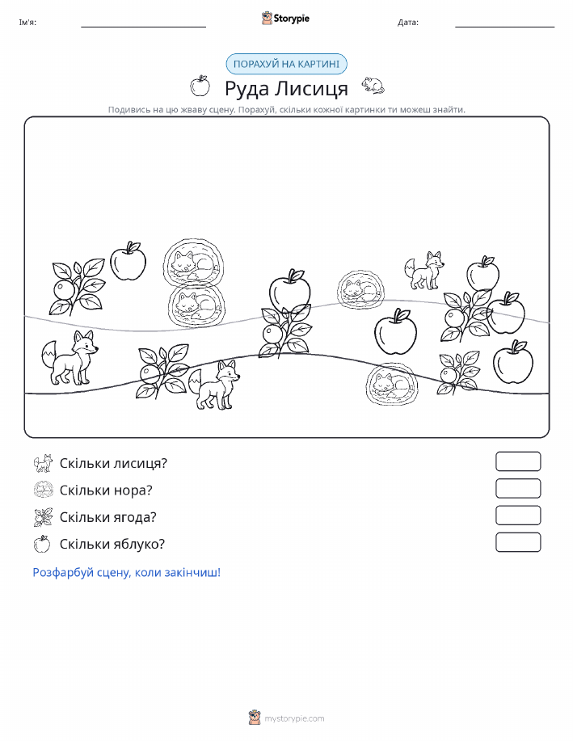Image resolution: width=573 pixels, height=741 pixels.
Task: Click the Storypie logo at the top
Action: pos(285,19)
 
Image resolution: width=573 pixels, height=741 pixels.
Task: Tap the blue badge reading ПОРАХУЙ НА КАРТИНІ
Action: pos(286,65)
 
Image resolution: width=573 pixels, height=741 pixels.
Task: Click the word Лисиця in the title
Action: pos(312,88)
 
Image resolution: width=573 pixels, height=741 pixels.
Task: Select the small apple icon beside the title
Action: pos(200,86)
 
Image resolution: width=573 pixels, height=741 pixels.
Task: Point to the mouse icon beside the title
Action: pos(373,85)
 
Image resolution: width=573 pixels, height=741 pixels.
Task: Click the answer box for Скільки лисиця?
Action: pos(518,461)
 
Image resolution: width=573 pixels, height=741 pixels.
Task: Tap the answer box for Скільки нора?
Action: pos(518,489)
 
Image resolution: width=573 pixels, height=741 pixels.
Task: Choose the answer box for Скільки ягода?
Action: pos(518,516)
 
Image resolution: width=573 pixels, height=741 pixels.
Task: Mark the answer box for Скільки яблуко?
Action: pos(518,542)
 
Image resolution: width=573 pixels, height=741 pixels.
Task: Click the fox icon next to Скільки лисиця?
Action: pos(43,463)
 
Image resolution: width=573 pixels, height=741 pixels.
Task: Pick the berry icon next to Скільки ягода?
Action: pos(43,517)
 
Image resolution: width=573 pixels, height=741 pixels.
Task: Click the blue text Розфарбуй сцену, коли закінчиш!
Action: pos(127,573)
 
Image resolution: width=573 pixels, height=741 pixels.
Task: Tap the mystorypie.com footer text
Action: pos(294,719)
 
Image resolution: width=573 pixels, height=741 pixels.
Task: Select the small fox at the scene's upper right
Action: pos(424,271)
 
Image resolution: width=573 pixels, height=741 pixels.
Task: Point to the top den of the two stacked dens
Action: pos(194,262)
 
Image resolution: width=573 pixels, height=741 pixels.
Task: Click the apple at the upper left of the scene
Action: pos(129,261)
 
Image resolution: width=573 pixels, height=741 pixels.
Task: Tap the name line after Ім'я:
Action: pos(144,27)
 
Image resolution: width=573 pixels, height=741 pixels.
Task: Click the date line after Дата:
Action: pos(505,27)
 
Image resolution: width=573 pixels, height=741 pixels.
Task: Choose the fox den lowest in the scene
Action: pos(392,384)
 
